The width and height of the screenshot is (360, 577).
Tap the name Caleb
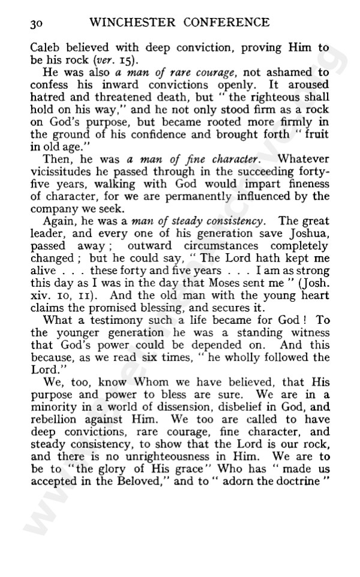(44, 48)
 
